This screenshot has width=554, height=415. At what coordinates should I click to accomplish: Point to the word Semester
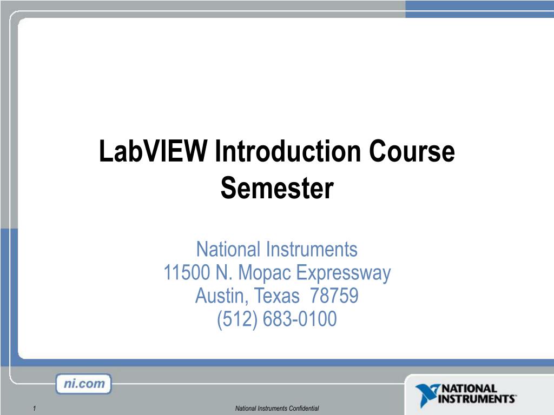[x=277, y=188]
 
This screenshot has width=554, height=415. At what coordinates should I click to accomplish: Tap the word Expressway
[x=342, y=273]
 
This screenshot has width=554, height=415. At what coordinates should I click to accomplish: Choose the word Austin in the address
[x=222, y=296]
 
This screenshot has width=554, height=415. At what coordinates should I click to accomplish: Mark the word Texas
[x=276, y=296]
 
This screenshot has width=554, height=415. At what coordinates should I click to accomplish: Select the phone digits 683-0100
[x=300, y=319]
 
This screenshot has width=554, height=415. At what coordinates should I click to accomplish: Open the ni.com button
[x=83, y=384]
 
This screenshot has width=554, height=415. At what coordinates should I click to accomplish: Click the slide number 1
[x=34, y=408]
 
